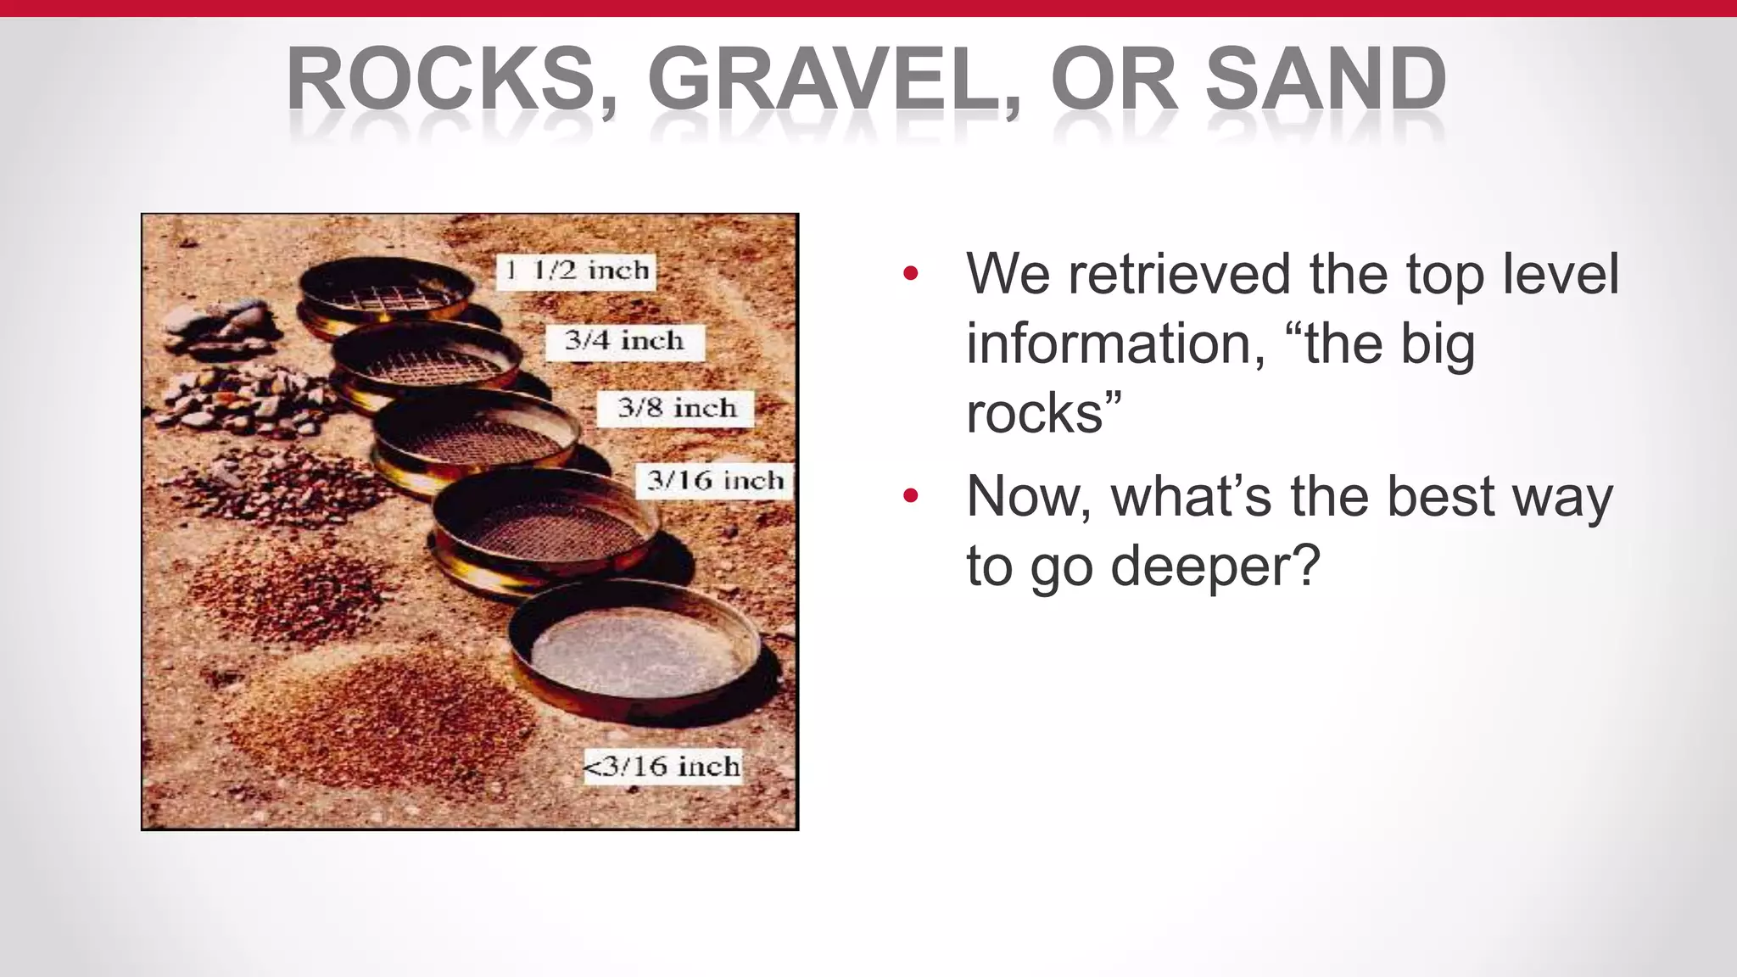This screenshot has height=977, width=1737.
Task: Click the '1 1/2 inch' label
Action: point(576,271)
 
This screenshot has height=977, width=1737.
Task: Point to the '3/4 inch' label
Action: point(624,341)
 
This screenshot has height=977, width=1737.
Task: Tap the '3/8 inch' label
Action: point(676,408)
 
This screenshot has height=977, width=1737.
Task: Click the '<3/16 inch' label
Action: point(662,767)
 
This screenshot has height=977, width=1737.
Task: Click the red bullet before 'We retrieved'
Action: point(911,273)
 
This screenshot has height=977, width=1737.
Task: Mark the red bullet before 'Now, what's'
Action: point(911,495)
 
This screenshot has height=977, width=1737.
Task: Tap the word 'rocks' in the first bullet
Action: point(1035,414)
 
